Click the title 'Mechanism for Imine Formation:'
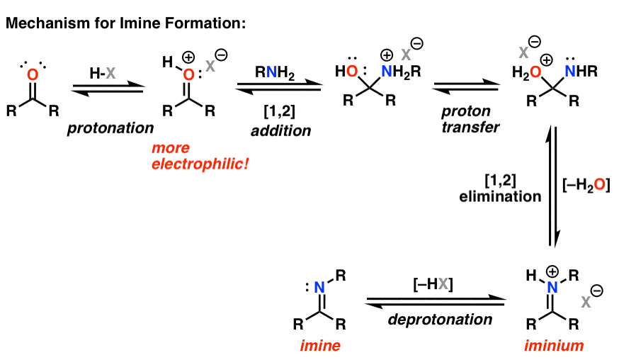[x=126, y=23]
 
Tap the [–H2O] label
[x=584, y=186]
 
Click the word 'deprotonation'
[x=440, y=320]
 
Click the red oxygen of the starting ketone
[x=30, y=74]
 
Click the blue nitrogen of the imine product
[x=321, y=288]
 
